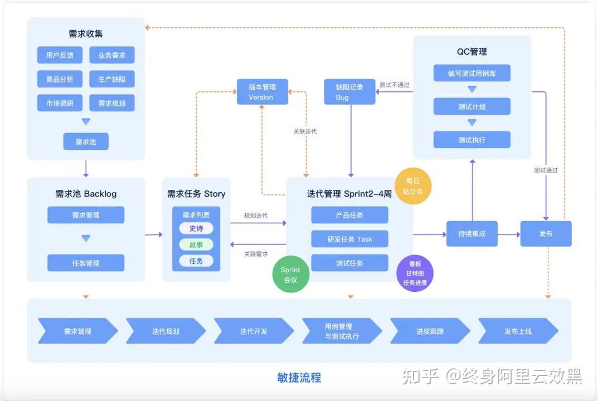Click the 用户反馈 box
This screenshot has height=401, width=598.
click(60, 55)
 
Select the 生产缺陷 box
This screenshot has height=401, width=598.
click(112, 79)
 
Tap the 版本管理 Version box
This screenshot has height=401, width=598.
click(262, 92)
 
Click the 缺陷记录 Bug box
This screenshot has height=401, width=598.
click(349, 92)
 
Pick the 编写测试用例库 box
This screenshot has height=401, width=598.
click(471, 74)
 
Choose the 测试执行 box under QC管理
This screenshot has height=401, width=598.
click(471, 140)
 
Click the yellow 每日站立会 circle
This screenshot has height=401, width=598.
click(413, 186)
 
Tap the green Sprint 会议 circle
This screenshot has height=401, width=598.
click(290, 275)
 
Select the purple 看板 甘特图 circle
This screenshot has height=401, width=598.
click(415, 273)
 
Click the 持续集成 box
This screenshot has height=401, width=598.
click(471, 234)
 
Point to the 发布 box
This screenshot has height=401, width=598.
click(546, 234)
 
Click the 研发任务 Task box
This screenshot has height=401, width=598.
click(349, 239)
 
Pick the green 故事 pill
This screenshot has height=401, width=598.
click(196, 244)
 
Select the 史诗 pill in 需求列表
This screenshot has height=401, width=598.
click(196, 228)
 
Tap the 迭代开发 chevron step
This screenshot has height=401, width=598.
click(254, 331)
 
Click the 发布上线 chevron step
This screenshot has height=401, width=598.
click(518, 331)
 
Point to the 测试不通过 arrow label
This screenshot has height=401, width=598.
click(394, 85)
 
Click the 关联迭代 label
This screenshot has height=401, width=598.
click(305, 131)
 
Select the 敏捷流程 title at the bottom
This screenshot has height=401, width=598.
click(299, 378)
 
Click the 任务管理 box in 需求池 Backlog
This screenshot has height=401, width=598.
click(86, 263)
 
